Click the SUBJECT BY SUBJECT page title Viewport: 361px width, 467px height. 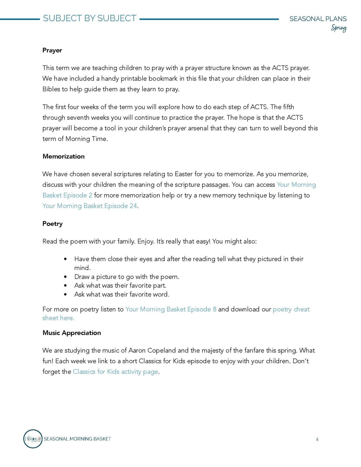point(89,18)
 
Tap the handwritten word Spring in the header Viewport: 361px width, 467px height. point(339,28)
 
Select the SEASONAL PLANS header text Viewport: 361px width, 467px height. point(318,19)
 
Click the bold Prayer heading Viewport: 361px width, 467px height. point(52,50)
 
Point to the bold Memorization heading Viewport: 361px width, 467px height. point(63,156)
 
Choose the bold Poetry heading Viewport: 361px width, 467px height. point(52,224)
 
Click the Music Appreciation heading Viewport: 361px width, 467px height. point(72,333)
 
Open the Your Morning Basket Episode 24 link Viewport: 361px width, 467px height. point(90,206)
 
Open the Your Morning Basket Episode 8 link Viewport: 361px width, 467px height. point(171,309)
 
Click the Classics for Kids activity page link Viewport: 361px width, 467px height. point(115,372)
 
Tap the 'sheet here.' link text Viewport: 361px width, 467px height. point(58,318)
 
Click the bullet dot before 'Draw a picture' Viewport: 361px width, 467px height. point(65,277)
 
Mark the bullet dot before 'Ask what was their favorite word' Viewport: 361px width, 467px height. point(65,295)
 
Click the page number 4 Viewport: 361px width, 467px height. point(317,440)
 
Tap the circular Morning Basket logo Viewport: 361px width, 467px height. point(33,439)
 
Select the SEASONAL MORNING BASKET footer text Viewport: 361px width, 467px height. point(77,439)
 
